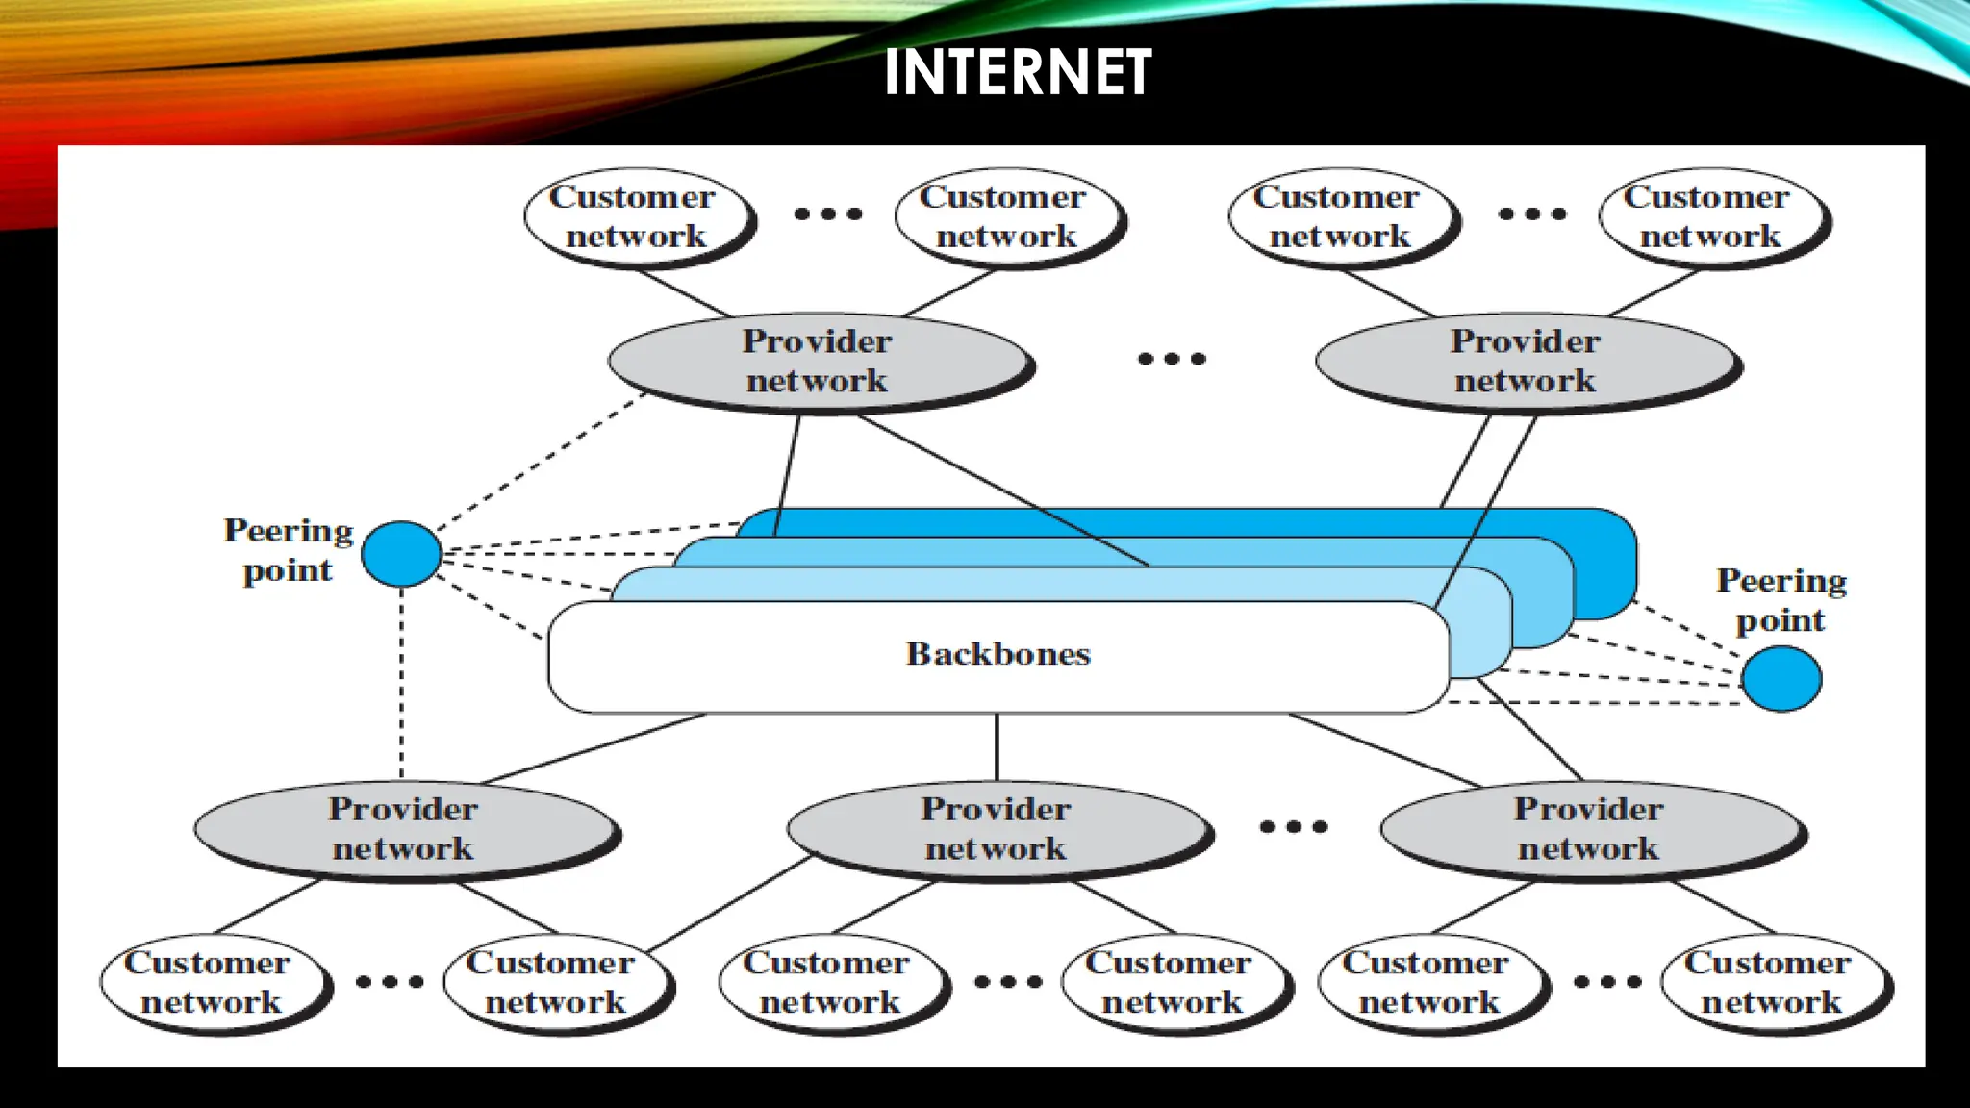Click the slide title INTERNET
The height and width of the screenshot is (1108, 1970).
[x=1018, y=72]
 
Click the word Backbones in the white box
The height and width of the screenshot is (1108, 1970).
[x=998, y=654]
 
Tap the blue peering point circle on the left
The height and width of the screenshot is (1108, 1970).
[x=401, y=554]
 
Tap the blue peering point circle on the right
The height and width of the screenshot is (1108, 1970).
[x=1781, y=678]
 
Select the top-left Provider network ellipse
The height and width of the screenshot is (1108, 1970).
[x=818, y=362]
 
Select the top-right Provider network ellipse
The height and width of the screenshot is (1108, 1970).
[x=1526, y=362]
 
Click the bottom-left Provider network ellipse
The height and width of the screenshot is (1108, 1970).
[x=404, y=829]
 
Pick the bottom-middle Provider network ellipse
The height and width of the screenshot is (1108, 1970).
[x=997, y=829]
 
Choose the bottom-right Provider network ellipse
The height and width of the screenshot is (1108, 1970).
[x=1589, y=829]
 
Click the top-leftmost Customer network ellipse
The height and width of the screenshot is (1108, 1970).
[x=635, y=216]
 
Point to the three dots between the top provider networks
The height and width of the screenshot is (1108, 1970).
[x=1171, y=359]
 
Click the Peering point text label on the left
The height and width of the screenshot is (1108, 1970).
[x=288, y=550]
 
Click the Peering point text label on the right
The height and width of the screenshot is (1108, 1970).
[x=1781, y=600]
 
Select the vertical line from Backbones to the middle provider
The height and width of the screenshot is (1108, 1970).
[x=997, y=747]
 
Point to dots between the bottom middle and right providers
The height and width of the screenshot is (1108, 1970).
[x=1293, y=826]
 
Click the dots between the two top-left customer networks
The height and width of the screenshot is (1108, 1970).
[x=827, y=214]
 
